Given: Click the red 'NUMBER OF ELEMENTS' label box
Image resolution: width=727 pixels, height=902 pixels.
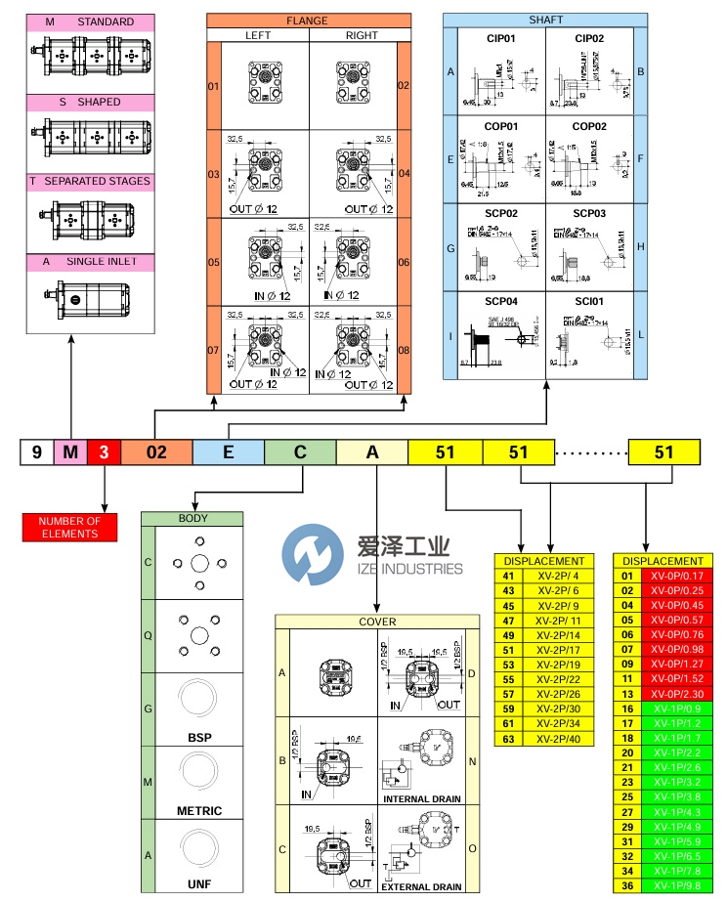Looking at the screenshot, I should tap(69, 528).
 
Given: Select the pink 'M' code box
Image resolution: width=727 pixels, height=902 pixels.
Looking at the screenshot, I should tap(70, 452).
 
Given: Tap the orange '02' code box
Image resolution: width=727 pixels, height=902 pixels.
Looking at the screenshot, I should tap(156, 452).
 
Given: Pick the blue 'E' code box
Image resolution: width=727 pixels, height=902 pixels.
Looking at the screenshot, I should tap(228, 452).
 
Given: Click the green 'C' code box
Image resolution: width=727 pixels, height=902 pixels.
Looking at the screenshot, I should tap(300, 452).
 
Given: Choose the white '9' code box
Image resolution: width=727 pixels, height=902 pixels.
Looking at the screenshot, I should tap(37, 452).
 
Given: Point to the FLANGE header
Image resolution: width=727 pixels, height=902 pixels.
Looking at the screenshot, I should tap(307, 21).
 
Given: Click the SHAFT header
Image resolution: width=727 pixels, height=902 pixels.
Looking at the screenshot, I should tap(545, 20).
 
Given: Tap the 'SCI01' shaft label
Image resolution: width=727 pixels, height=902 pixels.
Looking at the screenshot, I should tap(589, 301).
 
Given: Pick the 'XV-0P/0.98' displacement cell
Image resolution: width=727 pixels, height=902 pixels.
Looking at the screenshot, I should tap(675, 649).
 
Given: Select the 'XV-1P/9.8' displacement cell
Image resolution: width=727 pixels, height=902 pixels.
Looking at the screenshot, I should tap(675, 885).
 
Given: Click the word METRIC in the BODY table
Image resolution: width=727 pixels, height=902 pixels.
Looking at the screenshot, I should tap(199, 810).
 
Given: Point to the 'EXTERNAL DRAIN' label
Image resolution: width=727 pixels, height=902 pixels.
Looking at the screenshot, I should tap(420, 886).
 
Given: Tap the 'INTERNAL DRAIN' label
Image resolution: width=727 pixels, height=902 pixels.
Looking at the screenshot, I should tap(420, 798).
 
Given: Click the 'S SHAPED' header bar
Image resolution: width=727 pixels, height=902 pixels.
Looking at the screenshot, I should tap(88, 102).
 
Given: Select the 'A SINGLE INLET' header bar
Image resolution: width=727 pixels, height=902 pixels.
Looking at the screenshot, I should tap(88, 261).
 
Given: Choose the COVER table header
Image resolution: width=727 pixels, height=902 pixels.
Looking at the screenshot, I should tap(377, 621).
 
